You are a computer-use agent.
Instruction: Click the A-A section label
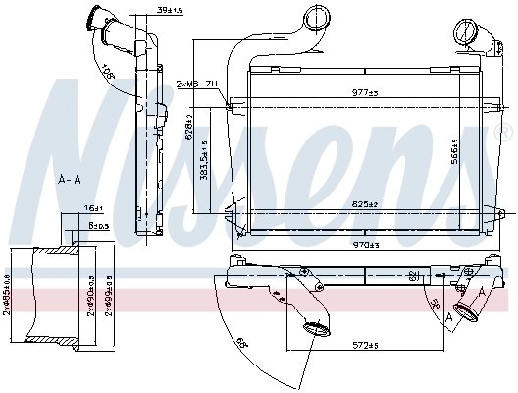pos(70,179)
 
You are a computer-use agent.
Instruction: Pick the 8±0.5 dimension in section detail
pos(98,225)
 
